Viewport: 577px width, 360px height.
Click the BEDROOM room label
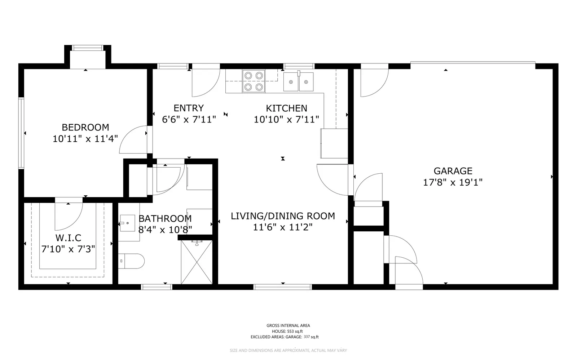point(85,127)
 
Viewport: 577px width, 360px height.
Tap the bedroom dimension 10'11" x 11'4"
point(85,139)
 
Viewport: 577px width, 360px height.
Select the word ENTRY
point(189,108)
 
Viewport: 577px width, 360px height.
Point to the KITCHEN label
point(286,108)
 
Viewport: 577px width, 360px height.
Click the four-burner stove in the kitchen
point(254,81)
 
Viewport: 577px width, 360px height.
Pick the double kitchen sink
point(298,81)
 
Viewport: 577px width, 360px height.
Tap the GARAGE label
point(453,171)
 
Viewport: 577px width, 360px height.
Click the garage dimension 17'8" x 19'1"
point(453,182)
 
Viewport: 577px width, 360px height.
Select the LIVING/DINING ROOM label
point(283,216)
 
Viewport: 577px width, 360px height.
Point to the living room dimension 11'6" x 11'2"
point(283,227)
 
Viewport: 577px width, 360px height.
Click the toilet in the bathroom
point(131,261)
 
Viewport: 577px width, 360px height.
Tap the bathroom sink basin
point(127,223)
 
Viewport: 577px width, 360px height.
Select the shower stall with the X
point(197,262)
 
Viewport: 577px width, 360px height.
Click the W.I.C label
point(68,238)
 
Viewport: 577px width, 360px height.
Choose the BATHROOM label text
point(165,218)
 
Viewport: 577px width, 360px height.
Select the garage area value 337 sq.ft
point(311,337)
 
